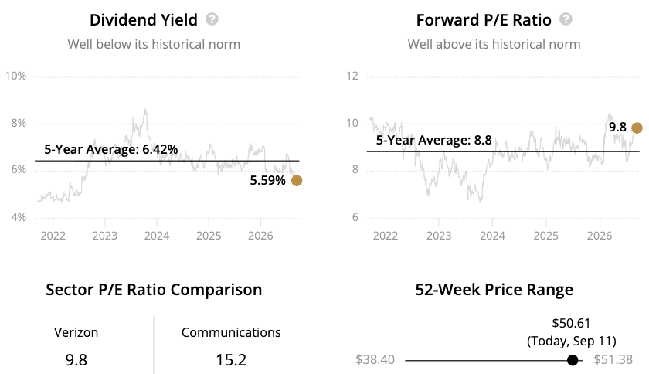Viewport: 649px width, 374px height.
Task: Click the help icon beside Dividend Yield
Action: coord(212,19)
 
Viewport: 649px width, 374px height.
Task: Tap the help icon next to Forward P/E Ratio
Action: coord(566,19)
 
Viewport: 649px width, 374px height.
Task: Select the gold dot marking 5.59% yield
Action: coord(297,181)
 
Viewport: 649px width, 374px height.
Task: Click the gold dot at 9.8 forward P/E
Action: coord(637,128)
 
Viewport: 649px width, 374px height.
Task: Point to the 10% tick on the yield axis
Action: coord(15,76)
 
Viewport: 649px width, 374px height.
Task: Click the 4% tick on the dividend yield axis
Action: coord(19,217)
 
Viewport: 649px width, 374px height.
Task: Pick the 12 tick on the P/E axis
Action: coord(352,76)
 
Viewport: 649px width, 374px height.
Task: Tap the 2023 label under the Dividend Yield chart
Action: coord(105,236)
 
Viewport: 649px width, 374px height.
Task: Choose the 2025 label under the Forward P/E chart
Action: coord(546,236)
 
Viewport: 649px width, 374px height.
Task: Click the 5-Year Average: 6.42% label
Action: coord(111,149)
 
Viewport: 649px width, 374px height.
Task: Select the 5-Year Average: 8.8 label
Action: coord(433,140)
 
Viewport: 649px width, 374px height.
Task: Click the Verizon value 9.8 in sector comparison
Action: coord(76,360)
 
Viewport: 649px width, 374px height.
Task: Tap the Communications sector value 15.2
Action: coord(231,360)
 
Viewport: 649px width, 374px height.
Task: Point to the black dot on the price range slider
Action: coord(573,360)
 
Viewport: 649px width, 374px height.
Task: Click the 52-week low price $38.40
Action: coord(375,359)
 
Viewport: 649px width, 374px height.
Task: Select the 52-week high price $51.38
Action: coord(613,359)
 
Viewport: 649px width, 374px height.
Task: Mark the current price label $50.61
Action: coord(571,323)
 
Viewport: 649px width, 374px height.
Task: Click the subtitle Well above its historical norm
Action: coord(494,44)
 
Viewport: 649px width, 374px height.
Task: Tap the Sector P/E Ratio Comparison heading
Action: coord(154,290)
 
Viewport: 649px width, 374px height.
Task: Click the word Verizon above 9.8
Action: coord(76,332)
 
